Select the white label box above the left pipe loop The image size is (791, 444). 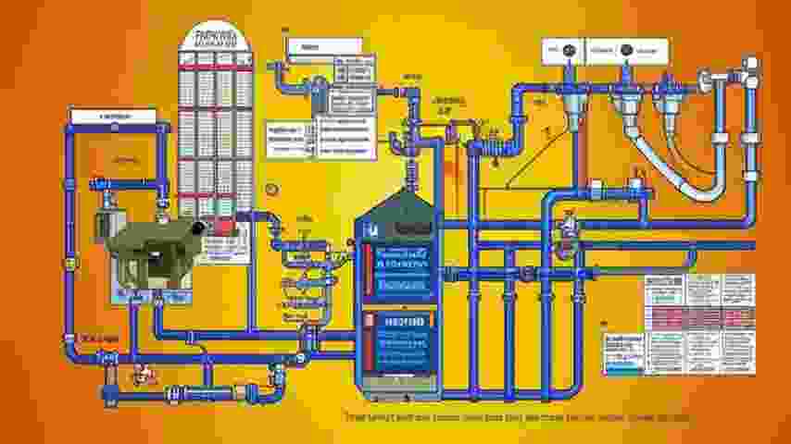(113, 116)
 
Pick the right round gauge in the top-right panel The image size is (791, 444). (626, 49)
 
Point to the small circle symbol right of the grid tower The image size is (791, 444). (270, 189)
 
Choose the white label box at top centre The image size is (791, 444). (315, 46)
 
